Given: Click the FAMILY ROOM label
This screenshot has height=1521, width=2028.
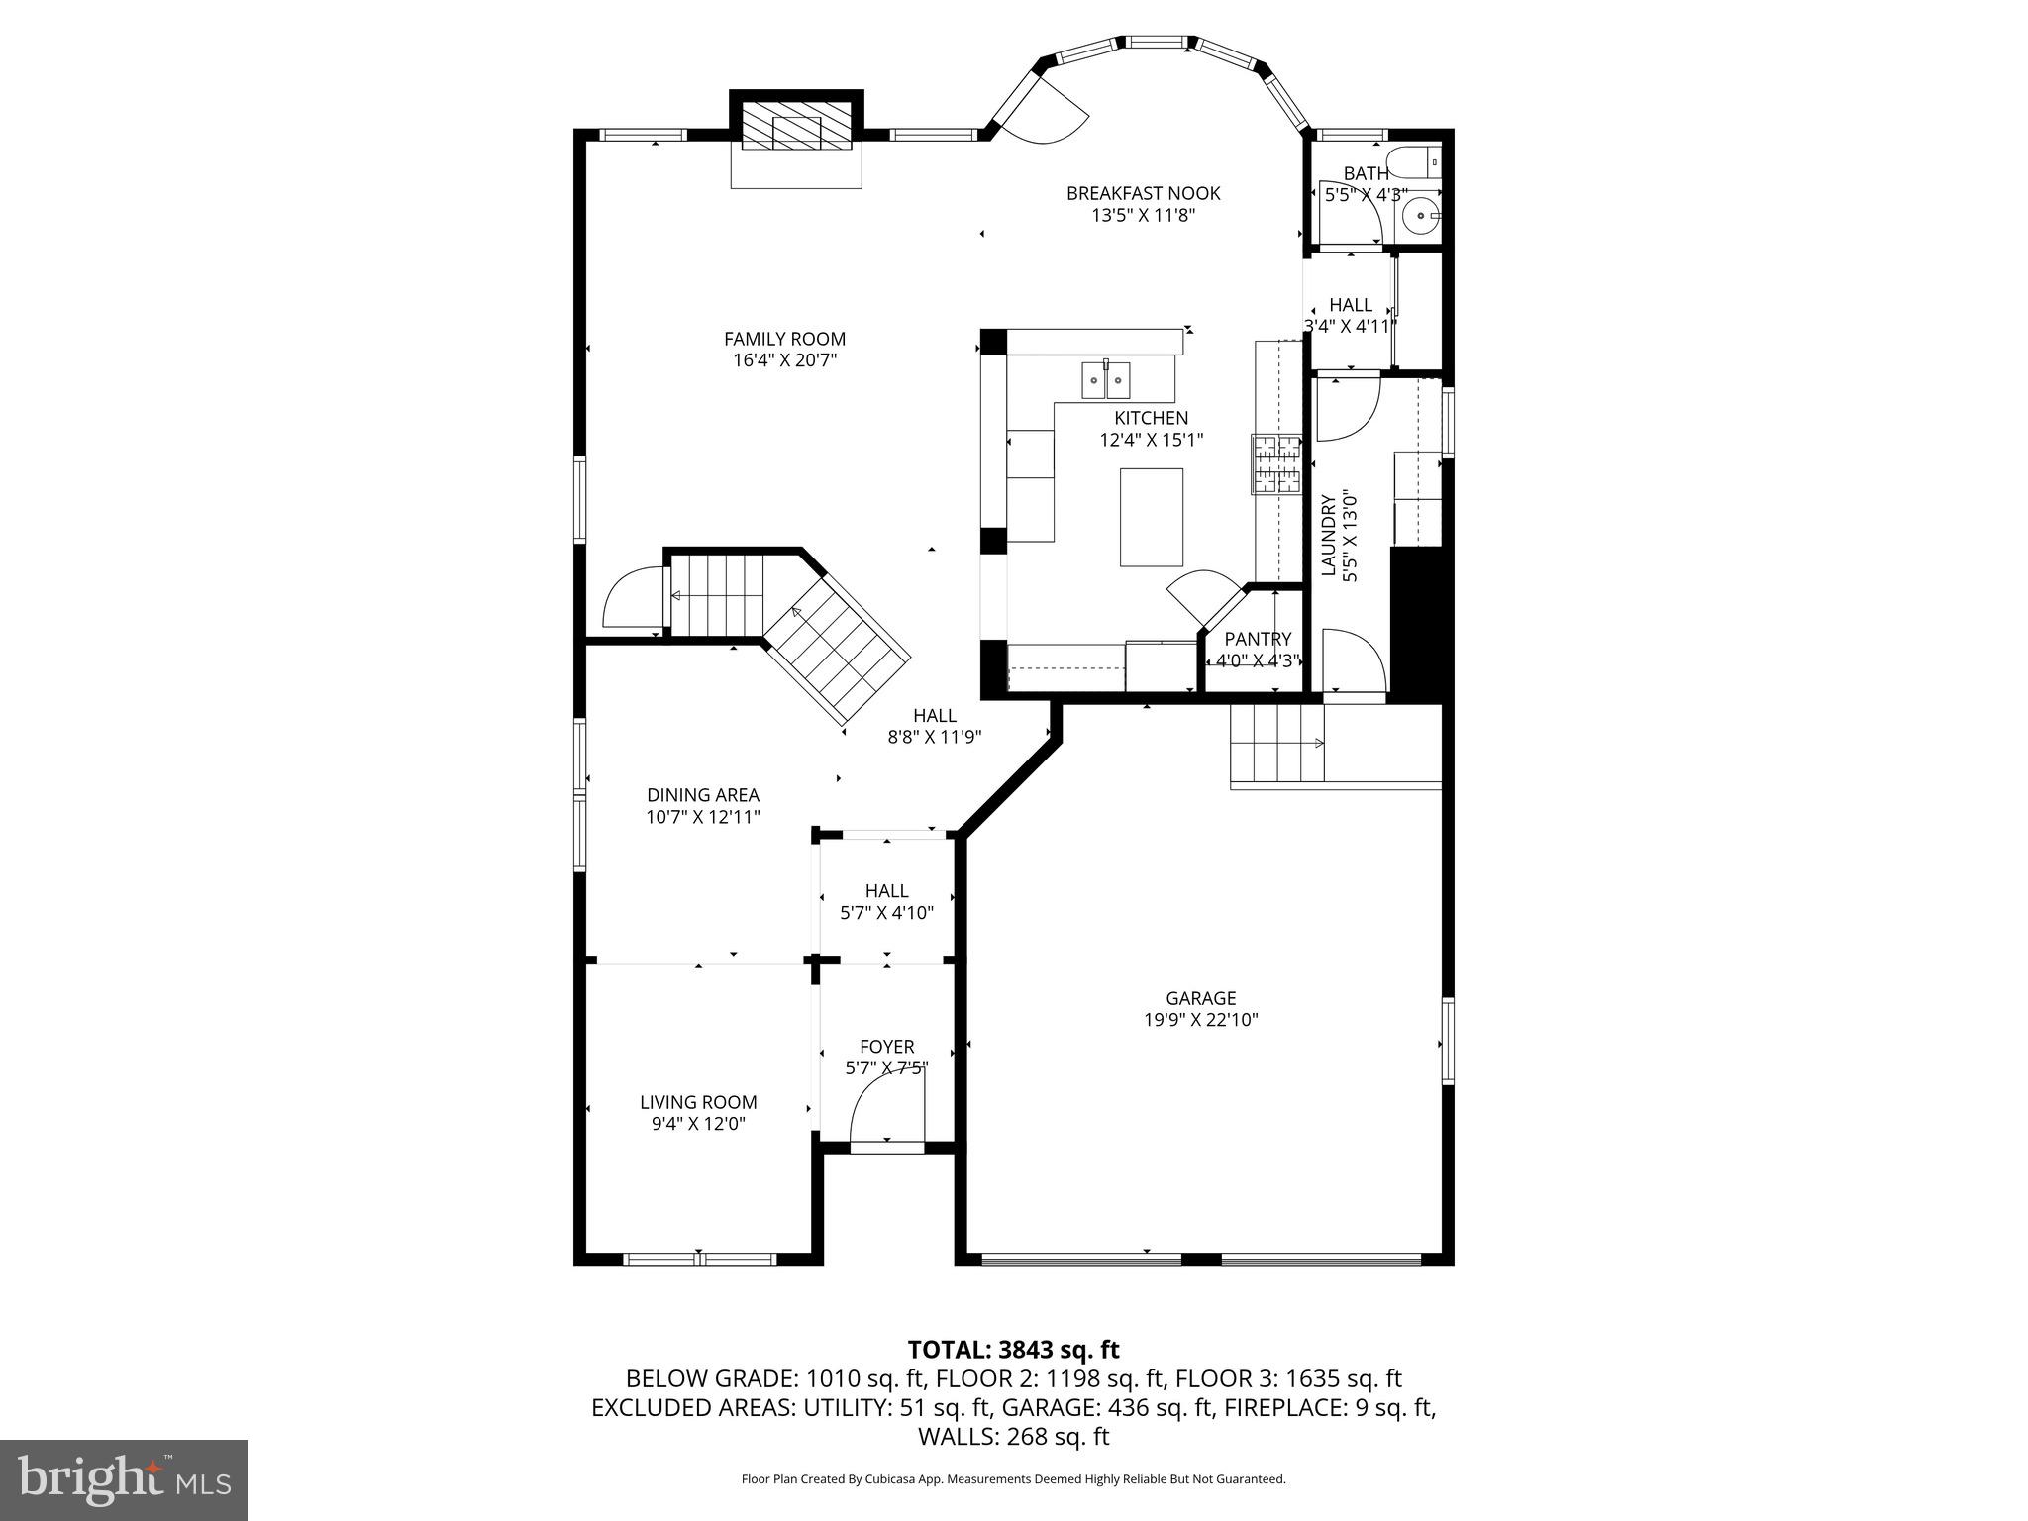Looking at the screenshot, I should coord(784,339).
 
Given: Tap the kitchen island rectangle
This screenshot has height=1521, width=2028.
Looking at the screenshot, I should coord(1151,517).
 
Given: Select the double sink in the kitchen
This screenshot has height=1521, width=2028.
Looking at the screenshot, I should coord(1105,379).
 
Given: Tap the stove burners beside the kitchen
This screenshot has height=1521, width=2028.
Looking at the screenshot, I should coord(1276,464).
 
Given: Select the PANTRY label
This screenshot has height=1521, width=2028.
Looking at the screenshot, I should coord(1258,639).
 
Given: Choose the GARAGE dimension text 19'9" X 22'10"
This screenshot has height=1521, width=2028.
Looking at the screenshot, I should coord(1200,1020).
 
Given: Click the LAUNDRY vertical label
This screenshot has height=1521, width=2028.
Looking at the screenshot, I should coord(1329,535).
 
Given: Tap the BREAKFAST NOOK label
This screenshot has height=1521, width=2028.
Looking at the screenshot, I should coord(1143,193).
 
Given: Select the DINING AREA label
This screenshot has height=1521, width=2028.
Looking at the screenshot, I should coord(703,795).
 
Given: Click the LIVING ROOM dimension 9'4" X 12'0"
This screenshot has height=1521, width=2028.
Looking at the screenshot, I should coord(698,1124).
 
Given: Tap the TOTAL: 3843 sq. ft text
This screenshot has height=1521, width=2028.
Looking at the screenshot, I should coord(1013,1350).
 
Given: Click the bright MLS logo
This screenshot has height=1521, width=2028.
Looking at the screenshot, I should coord(124,1480).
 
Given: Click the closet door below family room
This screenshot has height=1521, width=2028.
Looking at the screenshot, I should coord(632,599).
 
